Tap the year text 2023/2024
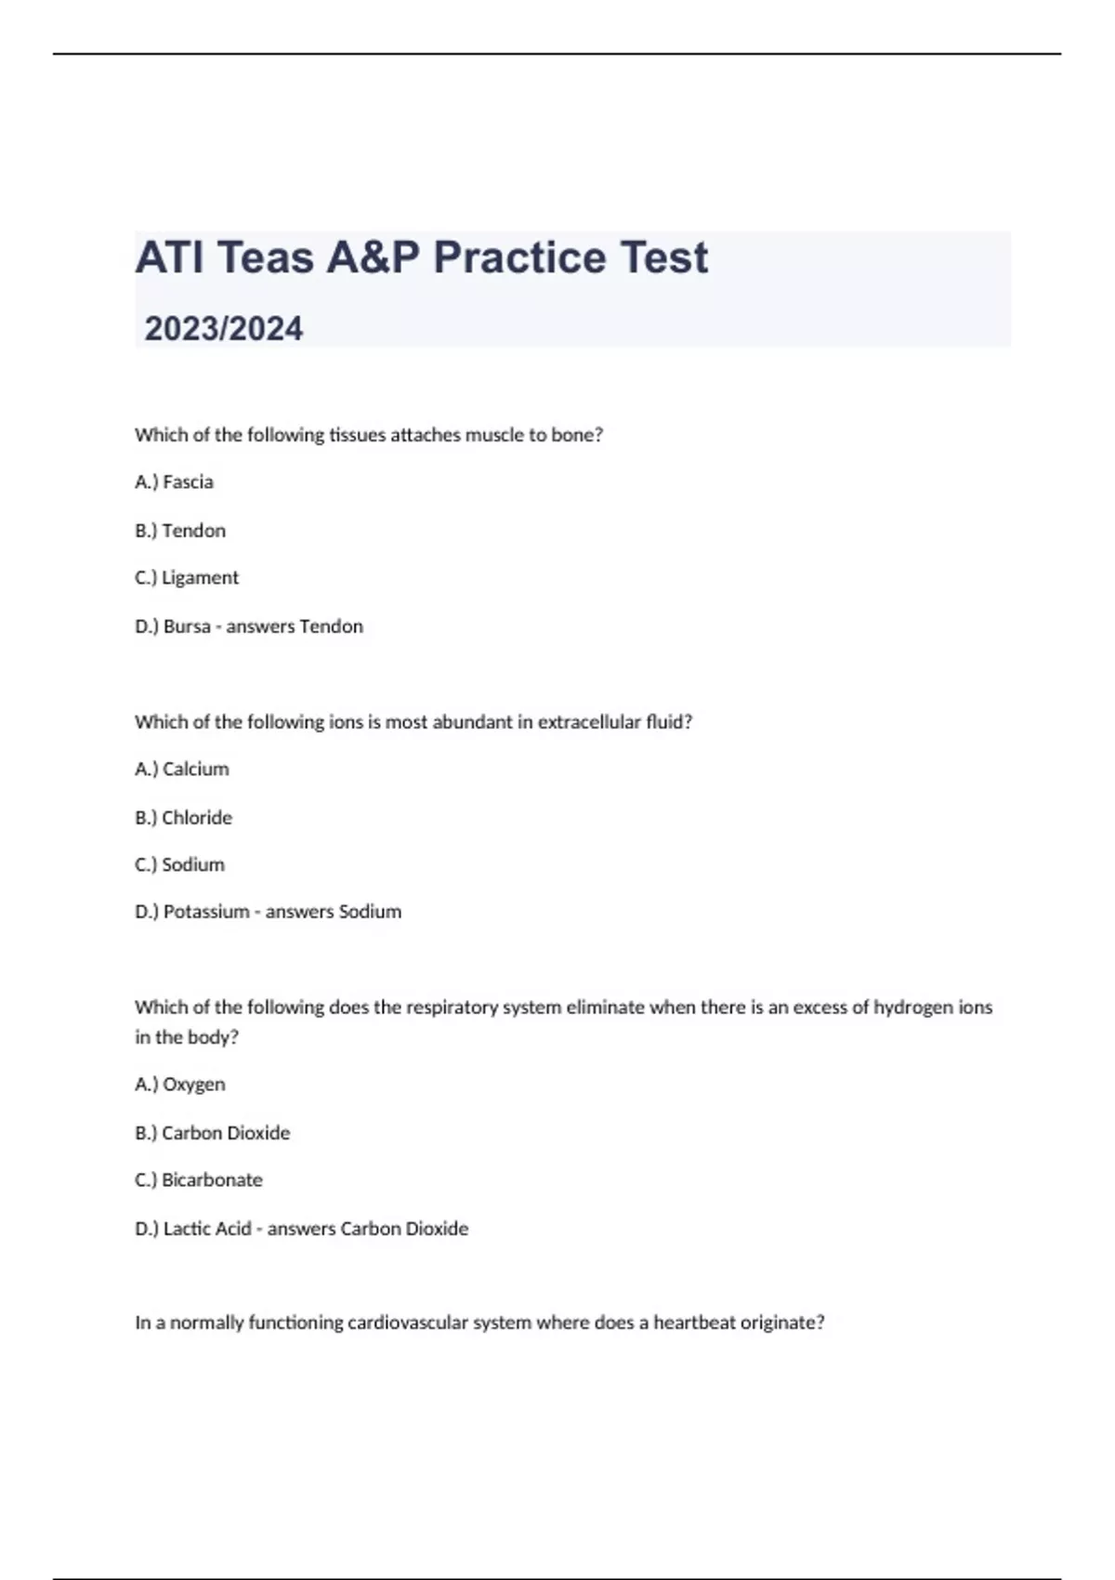224,329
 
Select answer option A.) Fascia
175,482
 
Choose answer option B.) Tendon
180,531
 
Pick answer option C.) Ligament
187,578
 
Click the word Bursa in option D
187,626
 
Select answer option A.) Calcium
182,770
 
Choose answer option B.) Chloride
184,818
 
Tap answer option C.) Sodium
180,865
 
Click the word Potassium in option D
206,912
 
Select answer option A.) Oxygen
180,1085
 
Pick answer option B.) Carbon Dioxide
213,1133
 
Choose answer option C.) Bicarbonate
199,1180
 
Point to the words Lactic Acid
207,1229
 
